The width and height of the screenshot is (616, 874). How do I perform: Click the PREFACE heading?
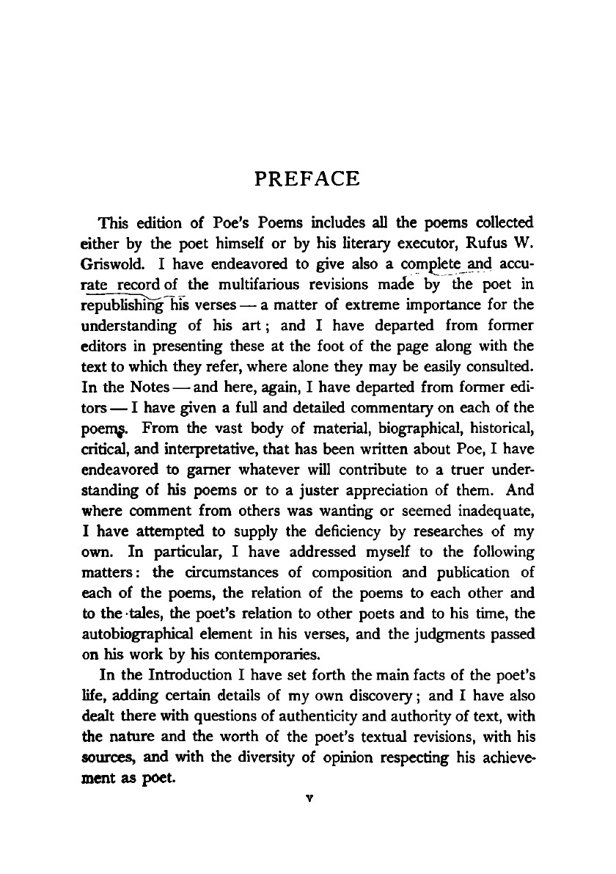click(307, 179)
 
